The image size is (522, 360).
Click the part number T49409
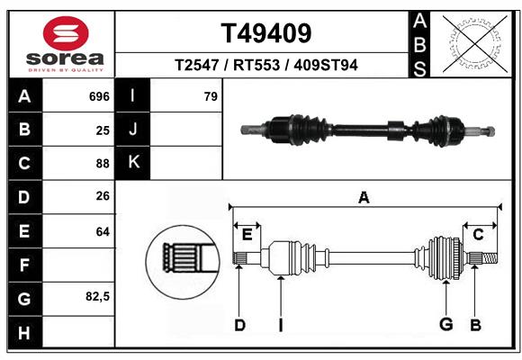click(x=267, y=33)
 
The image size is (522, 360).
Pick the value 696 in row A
click(x=99, y=96)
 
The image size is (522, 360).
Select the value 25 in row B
click(x=103, y=130)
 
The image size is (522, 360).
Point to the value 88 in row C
click(x=103, y=164)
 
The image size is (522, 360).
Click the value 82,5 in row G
click(x=98, y=296)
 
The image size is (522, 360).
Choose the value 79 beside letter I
click(x=211, y=96)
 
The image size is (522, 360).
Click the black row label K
click(x=133, y=163)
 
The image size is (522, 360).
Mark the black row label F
click(x=24, y=265)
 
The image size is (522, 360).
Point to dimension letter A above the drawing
click(x=364, y=197)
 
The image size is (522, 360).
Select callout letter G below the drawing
click(x=445, y=325)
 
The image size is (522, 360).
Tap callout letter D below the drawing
click(x=239, y=325)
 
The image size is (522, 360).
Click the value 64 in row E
click(x=103, y=231)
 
